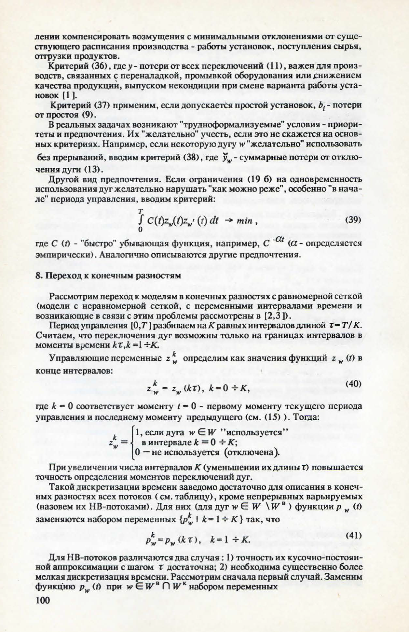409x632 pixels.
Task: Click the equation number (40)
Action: pos(353,384)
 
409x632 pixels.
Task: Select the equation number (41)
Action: pos(353,535)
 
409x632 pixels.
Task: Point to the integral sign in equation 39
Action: pos(140,221)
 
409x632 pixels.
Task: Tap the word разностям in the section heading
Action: pos(160,276)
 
